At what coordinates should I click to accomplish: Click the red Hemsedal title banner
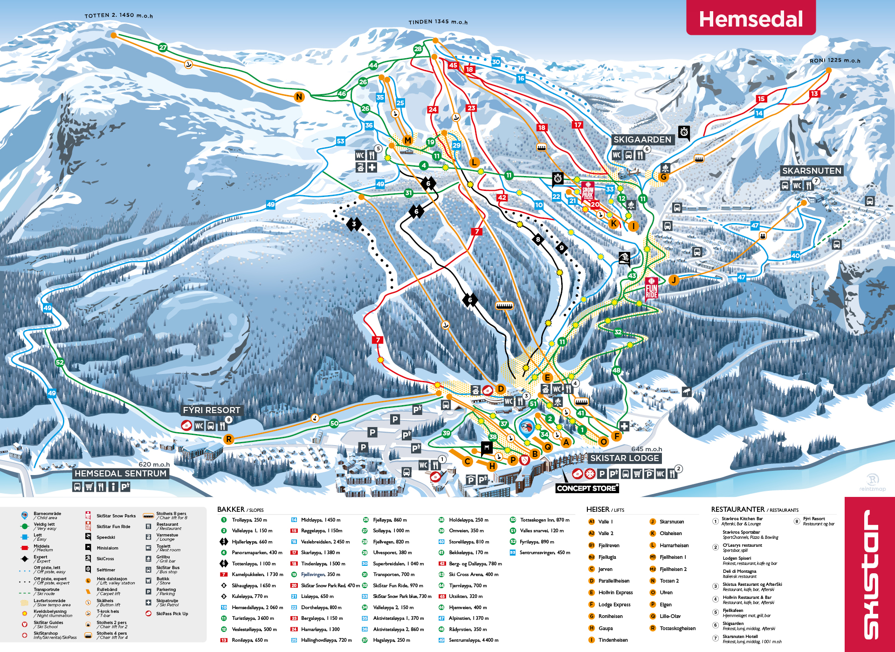click(x=750, y=19)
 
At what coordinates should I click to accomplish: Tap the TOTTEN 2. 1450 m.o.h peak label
click(x=118, y=15)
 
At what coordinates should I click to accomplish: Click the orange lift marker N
click(x=299, y=97)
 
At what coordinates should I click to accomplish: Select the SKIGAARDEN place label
click(x=642, y=140)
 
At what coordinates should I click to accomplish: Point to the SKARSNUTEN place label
click(x=812, y=171)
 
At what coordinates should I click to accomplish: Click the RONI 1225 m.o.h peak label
click(x=834, y=61)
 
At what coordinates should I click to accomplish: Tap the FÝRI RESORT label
click(x=211, y=410)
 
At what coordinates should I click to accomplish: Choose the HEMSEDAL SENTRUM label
click(x=120, y=474)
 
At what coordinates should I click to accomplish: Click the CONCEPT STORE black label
click(x=587, y=488)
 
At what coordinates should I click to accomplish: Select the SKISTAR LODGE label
click(x=624, y=458)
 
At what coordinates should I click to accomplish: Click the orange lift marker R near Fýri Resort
click(x=228, y=439)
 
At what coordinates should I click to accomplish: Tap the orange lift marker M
click(x=407, y=140)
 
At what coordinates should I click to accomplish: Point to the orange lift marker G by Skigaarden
click(x=663, y=177)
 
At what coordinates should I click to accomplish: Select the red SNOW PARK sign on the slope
click(x=587, y=191)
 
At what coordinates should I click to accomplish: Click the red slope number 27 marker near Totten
click(x=163, y=48)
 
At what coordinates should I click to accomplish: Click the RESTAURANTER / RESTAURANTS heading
click(x=754, y=509)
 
